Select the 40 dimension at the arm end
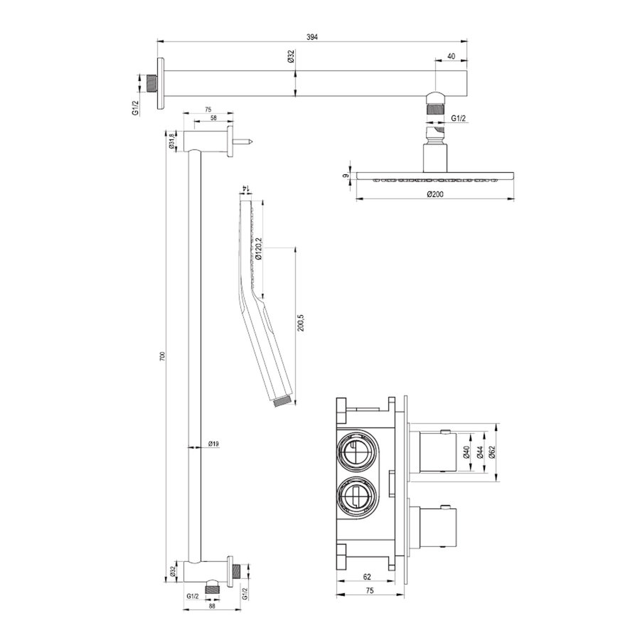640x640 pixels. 452,55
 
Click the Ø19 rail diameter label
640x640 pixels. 213,444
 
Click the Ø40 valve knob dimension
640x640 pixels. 466,451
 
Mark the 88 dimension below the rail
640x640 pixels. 211,605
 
